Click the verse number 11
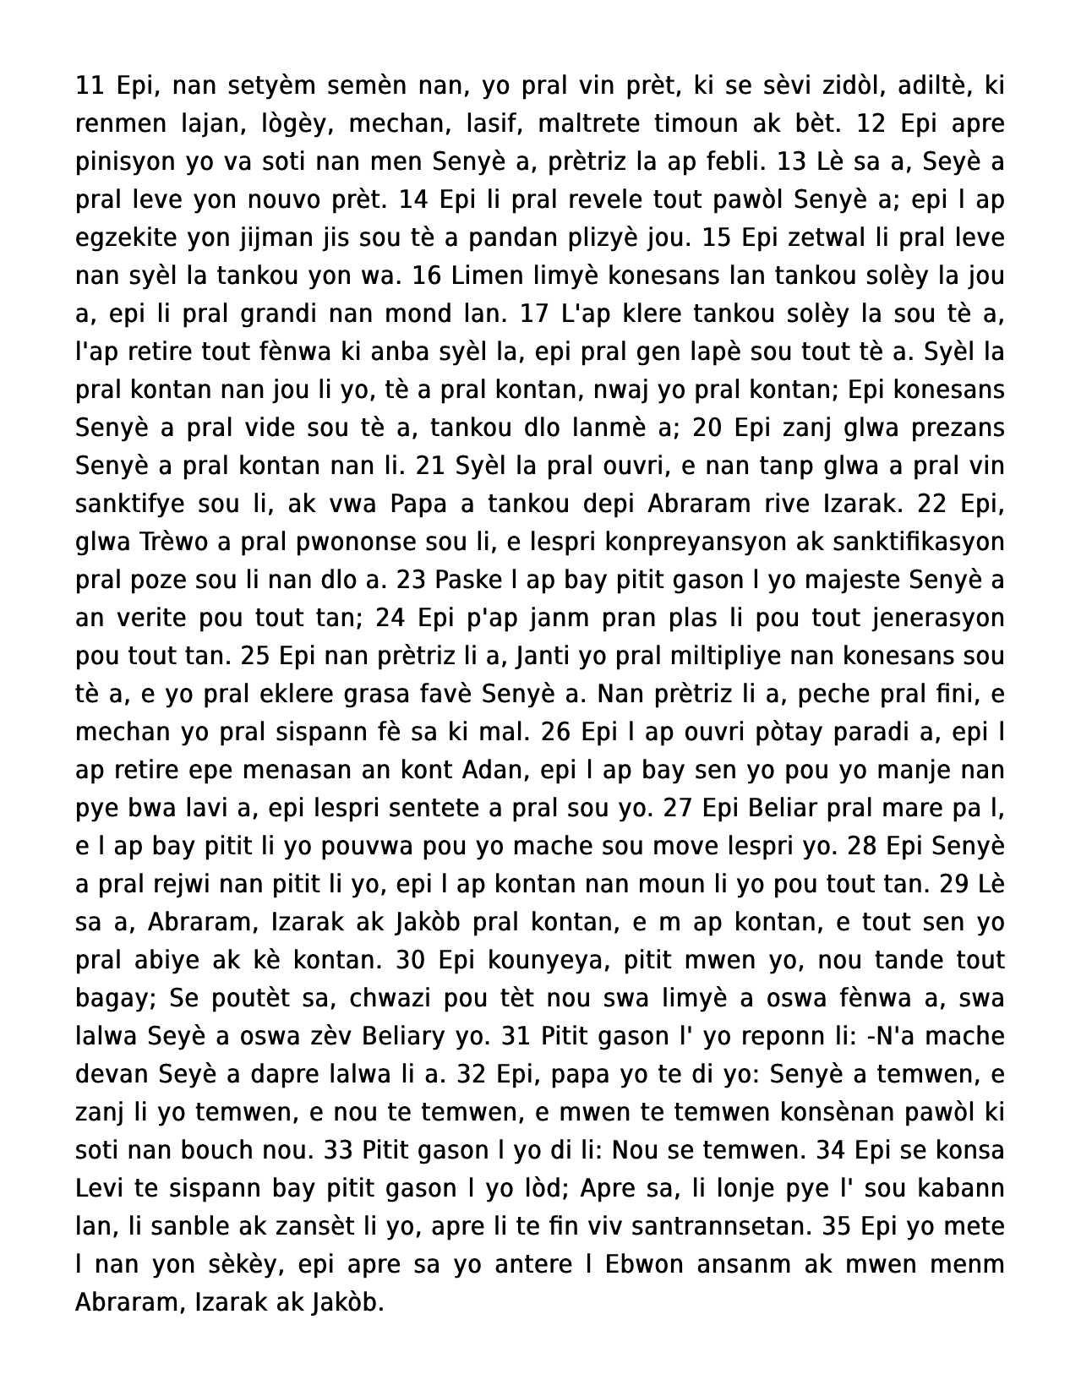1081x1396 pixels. (x=89, y=85)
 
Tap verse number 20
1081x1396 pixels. (x=708, y=428)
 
